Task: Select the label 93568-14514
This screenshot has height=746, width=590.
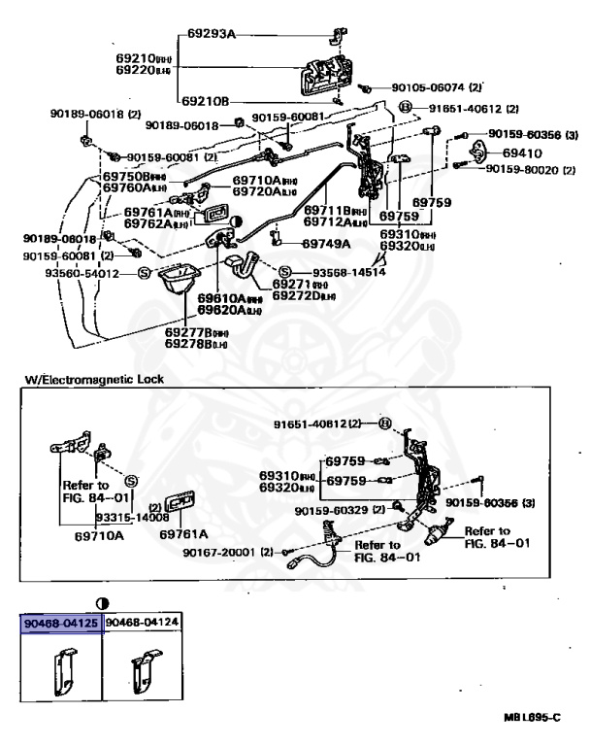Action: pos(348,272)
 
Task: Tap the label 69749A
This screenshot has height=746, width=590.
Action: pos(326,244)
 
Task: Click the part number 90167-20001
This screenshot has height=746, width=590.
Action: pos(224,552)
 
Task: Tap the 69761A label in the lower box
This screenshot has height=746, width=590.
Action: pos(184,533)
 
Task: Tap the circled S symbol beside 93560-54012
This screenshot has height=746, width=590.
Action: pos(144,274)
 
